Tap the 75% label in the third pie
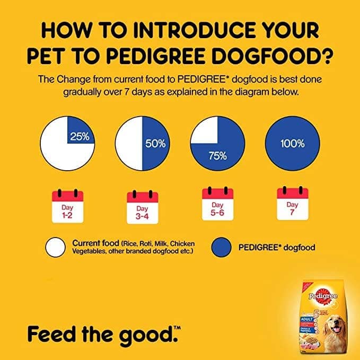(x=218, y=156)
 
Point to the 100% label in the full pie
(x=293, y=143)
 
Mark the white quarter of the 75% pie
(x=205, y=130)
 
